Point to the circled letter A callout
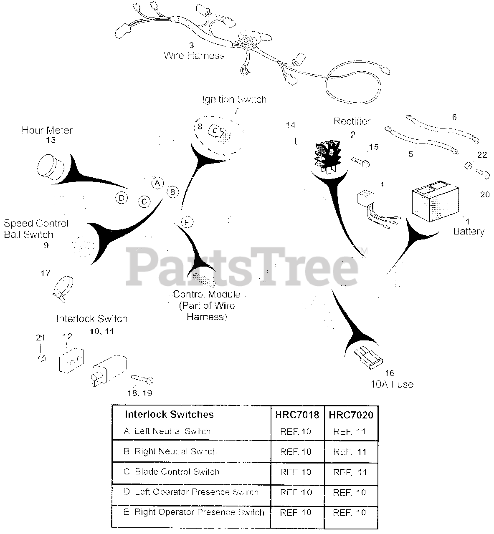tap(157, 183)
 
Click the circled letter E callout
tap(187, 222)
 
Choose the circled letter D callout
tap(121, 198)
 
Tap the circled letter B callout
tap(172, 192)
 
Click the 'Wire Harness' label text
tap(194, 55)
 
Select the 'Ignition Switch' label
tap(234, 99)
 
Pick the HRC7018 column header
tap(297, 415)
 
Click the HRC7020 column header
tap(351, 415)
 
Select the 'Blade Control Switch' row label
tap(177, 472)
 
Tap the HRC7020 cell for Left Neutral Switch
tap(350, 432)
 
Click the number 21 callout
tap(40, 337)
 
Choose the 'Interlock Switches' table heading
tap(169, 414)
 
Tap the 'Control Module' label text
tap(207, 295)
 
